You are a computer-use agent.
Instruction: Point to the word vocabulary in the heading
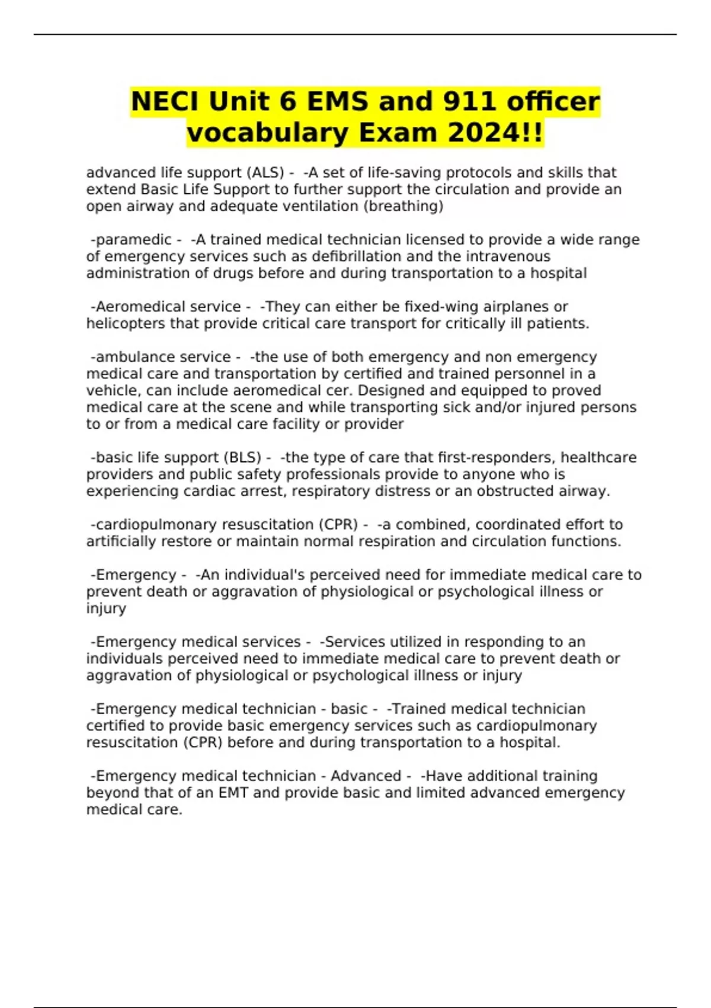point(268,133)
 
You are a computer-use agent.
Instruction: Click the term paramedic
point(133,240)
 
